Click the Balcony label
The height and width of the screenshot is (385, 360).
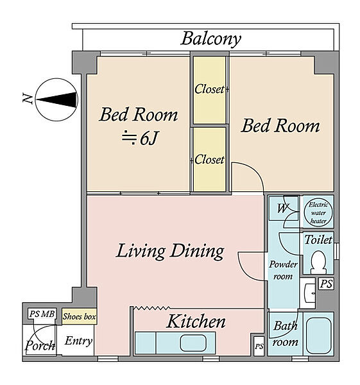(x=211, y=39)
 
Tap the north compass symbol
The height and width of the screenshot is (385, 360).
(x=56, y=99)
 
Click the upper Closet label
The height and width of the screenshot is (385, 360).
(x=209, y=89)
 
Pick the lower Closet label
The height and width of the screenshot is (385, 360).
(x=209, y=160)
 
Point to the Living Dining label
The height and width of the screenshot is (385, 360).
(x=170, y=251)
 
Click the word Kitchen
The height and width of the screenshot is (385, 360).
(x=196, y=321)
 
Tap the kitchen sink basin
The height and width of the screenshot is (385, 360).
(x=193, y=343)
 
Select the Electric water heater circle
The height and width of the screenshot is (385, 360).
(x=318, y=212)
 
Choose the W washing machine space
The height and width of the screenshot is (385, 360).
(x=283, y=208)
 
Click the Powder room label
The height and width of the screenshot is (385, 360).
(x=283, y=270)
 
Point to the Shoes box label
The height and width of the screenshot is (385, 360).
(x=79, y=316)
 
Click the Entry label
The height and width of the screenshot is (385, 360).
(x=78, y=341)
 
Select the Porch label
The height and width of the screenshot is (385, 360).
(x=40, y=345)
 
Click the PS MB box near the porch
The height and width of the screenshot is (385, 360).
(x=42, y=314)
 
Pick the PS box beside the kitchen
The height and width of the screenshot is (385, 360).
(x=259, y=346)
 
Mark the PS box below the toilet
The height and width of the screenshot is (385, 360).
(x=327, y=284)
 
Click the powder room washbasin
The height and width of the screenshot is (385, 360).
(x=309, y=293)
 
